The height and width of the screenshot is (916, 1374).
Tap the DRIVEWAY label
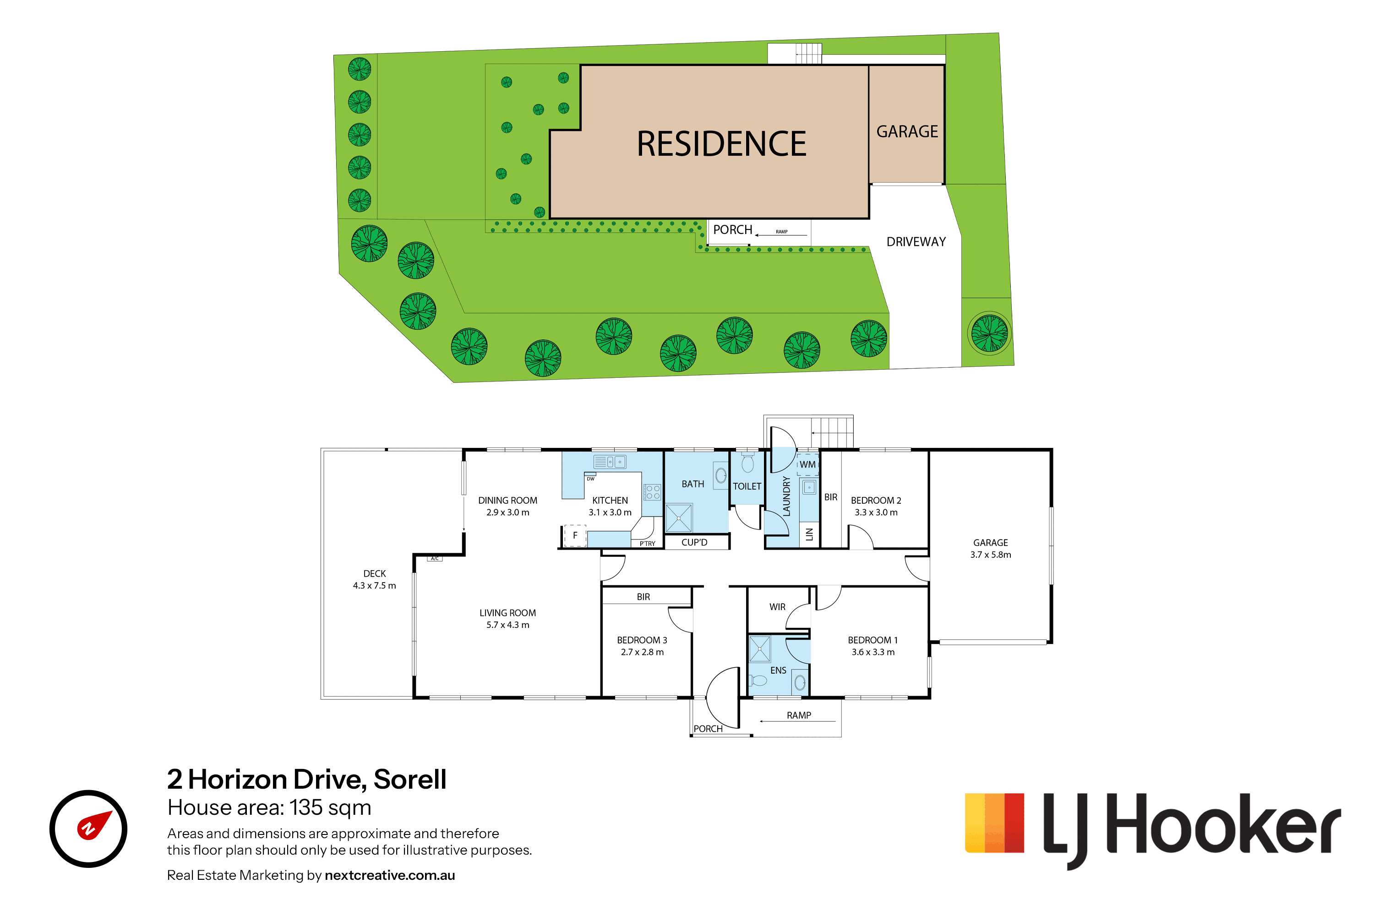coord(916,242)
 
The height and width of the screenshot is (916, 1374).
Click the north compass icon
coord(88,829)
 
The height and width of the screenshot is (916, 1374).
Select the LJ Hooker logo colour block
coord(994,823)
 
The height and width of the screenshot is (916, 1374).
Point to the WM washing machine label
coord(807,464)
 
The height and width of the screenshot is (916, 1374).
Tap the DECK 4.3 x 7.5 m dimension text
coord(375,585)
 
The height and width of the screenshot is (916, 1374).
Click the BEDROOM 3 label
coord(642,640)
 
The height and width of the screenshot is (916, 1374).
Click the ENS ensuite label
coord(778,671)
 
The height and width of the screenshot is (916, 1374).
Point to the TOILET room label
coord(747,486)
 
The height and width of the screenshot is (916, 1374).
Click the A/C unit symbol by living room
coord(435,558)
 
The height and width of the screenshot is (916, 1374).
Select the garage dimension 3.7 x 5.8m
coord(991,555)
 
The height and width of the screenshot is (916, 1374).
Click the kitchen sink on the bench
coord(609,462)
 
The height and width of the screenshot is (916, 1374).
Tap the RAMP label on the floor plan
coord(799,715)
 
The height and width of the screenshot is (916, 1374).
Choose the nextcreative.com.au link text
coord(390,875)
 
